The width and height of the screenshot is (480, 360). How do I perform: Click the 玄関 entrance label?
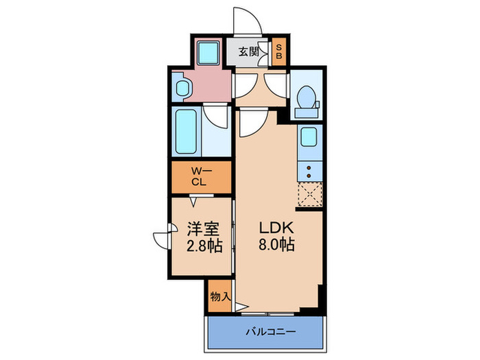pos(248,52)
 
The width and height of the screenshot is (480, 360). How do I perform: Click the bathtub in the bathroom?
pos(186,132)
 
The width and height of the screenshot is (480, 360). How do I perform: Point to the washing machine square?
pos(206,52)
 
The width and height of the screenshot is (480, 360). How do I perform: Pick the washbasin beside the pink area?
pos(182,88)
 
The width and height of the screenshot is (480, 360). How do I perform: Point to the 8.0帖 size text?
pos(276,245)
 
